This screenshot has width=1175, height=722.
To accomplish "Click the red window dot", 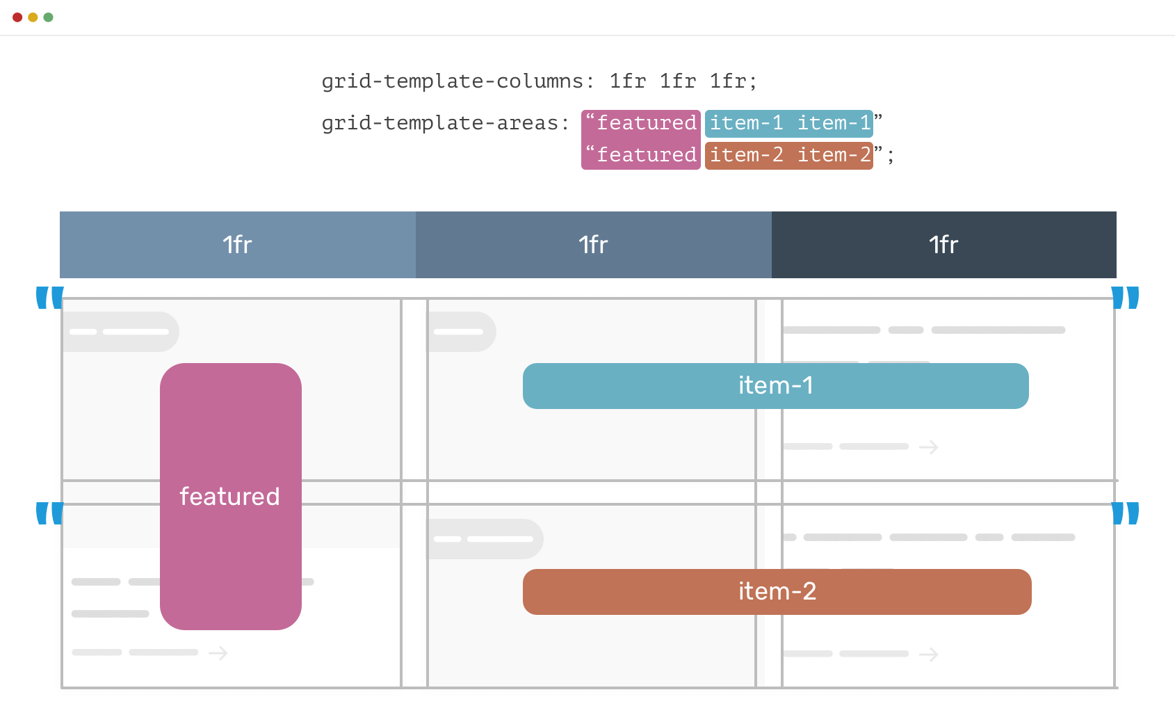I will point(17,17).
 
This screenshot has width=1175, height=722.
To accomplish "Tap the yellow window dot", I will point(33,17).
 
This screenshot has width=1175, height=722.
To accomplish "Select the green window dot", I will point(48,17).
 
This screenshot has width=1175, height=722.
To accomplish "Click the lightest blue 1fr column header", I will point(237,245).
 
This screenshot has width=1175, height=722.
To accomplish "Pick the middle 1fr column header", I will point(593,245).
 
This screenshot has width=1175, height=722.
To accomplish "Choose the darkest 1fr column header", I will point(943,245).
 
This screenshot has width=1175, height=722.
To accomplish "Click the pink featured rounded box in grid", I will point(230,496).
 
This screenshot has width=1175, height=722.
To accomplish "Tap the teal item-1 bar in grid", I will point(775,386).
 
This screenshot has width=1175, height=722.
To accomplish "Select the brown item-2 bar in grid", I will point(777,592).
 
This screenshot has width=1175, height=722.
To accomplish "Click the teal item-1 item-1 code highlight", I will point(789,123).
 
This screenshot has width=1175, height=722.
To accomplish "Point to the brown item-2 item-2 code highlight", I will point(789,155).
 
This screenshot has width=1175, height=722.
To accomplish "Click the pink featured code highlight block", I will point(640,139).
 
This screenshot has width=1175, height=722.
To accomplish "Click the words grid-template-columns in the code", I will point(452,81).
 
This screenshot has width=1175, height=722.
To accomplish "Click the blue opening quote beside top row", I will point(49,297).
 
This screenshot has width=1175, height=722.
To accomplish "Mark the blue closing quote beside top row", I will point(1125,297).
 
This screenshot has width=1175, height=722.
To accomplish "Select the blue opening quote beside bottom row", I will point(49,513).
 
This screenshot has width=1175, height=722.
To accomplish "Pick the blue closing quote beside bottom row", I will point(1125,513).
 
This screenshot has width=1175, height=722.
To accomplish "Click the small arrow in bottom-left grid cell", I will point(218,653).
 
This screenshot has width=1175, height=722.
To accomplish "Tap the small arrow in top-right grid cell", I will point(929,447).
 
